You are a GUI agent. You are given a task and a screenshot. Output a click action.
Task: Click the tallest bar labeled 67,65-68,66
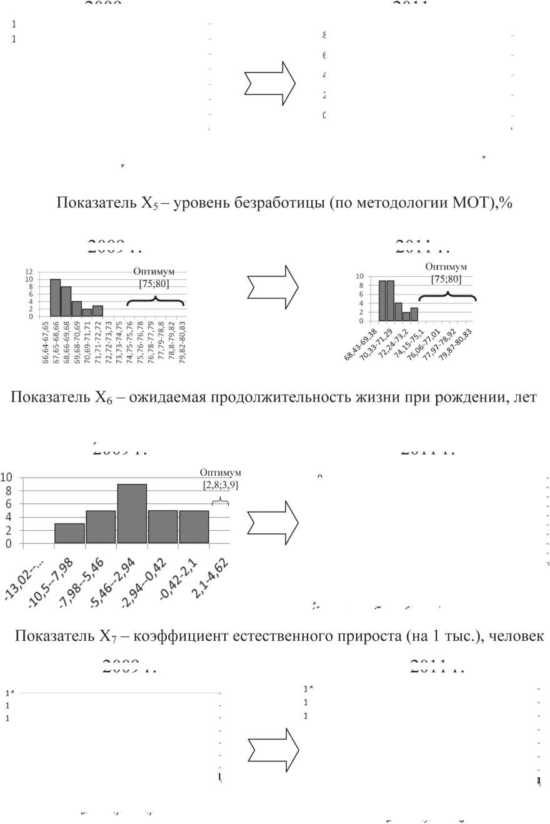pyautogui.click(x=55, y=298)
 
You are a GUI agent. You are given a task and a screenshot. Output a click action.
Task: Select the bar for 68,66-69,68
pyautogui.click(x=66, y=301)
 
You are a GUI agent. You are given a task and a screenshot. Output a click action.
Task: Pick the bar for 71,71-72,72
pyautogui.click(x=97, y=311)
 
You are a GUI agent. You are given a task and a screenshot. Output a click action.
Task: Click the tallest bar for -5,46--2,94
pyautogui.click(x=132, y=513)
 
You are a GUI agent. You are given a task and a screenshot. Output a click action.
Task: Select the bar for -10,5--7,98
pyautogui.click(x=69, y=533)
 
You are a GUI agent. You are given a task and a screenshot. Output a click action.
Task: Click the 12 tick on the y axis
pyautogui.click(x=29, y=273)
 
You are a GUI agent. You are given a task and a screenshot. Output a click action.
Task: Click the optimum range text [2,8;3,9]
pyautogui.click(x=220, y=485)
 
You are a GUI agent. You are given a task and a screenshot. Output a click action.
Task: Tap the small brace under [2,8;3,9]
pyautogui.click(x=220, y=501)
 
